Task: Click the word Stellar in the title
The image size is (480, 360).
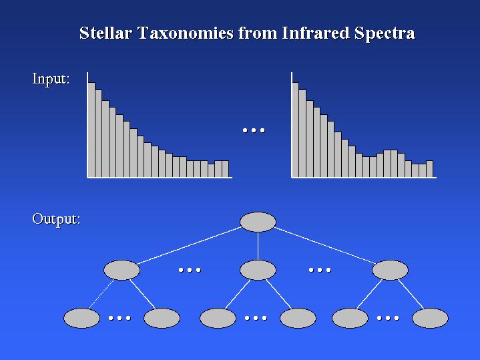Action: click(x=105, y=33)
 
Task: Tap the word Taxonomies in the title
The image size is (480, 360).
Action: click(x=186, y=33)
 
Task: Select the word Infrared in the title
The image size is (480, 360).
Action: click(x=315, y=33)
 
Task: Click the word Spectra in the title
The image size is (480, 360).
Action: click(x=385, y=33)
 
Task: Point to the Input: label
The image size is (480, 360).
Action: click(x=51, y=79)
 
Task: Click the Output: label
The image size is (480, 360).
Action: click(x=56, y=219)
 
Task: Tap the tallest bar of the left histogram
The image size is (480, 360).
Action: click(x=91, y=130)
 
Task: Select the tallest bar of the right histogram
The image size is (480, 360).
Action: click(x=295, y=130)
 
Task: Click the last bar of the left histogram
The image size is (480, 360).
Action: click(x=225, y=169)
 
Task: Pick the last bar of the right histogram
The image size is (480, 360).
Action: click(x=429, y=169)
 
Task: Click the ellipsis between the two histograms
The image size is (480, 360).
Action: click(x=254, y=130)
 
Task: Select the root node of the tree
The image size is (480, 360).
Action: click(x=258, y=222)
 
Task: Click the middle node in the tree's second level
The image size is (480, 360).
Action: click(x=258, y=270)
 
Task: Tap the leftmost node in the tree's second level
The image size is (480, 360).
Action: click(x=122, y=270)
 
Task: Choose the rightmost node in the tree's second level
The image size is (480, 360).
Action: click(x=390, y=270)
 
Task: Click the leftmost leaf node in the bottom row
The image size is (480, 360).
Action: click(x=81, y=318)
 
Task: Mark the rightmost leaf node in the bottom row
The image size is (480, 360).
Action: click(x=430, y=318)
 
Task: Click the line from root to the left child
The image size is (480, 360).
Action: click(x=189, y=245)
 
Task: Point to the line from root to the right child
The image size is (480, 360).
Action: click(x=324, y=245)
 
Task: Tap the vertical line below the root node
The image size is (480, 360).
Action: click(x=258, y=246)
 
